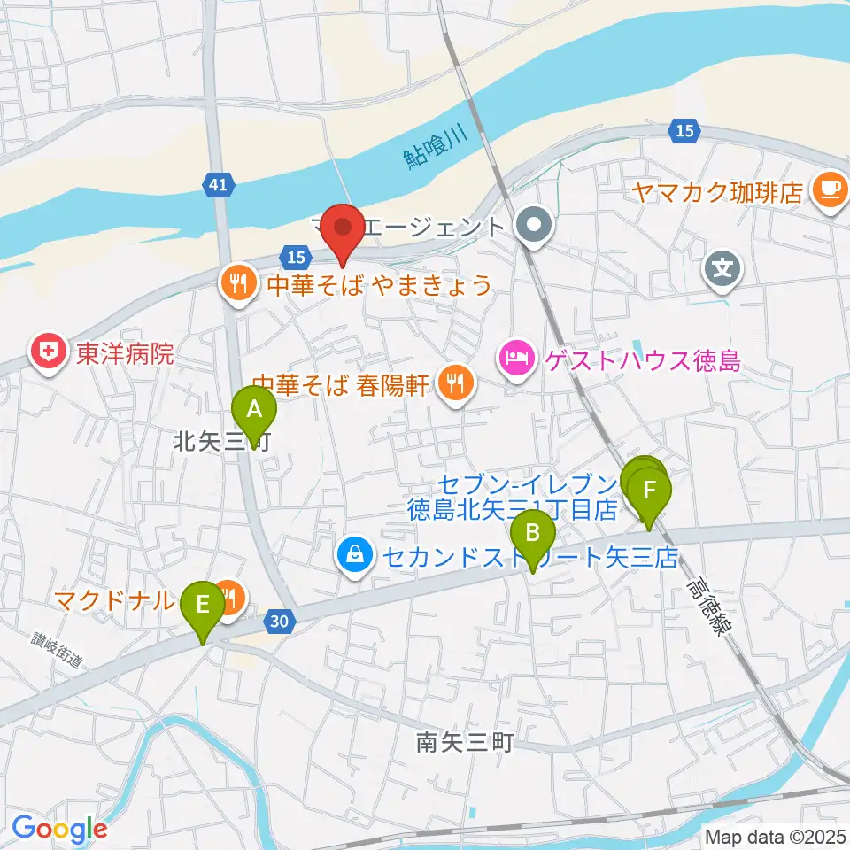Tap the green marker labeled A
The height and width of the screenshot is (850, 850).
click(x=254, y=410)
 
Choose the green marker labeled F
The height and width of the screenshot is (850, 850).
click(x=650, y=491)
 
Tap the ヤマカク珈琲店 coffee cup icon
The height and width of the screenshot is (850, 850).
click(x=830, y=189)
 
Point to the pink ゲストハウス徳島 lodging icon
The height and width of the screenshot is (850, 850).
click(x=515, y=359)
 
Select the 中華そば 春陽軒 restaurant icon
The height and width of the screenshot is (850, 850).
click(x=456, y=383)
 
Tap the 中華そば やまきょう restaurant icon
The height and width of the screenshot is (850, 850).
click(x=236, y=283)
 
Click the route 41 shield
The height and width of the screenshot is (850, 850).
click(x=218, y=184)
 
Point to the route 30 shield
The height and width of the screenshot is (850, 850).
click(x=279, y=622)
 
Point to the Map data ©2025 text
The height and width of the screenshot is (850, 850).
click(x=776, y=836)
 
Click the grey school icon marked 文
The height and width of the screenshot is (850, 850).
click(x=722, y=265)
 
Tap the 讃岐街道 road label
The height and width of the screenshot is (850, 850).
click(x=57, y=651)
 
